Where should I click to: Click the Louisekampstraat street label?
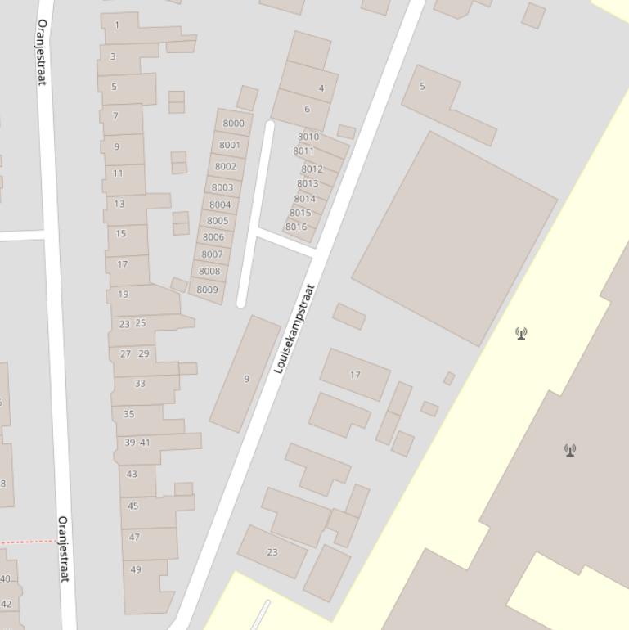tap(294, 328)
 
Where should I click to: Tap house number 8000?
tap(233, 124)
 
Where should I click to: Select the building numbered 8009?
tap(207, 290)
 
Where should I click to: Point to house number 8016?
tap(296, 227)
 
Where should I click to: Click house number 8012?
tap(312, 169)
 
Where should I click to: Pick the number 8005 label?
tap(218, 221)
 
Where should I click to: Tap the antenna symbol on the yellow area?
tap(521, 333)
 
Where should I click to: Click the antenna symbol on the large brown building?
tap(570, 450)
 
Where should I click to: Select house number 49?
tap(136, 569)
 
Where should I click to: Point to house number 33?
tap(140, 383)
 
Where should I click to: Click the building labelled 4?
tap(321, 88)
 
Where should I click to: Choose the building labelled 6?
tap(307, 109)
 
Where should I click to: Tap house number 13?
tap(119, 204)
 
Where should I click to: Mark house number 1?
tap(117, 25)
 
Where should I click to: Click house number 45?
tap(133, 506)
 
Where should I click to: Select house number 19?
tap(124, 294)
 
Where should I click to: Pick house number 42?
tap(7, 604)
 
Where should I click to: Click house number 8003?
tap(222, 187)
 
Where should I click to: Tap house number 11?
tap(118, 173)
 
